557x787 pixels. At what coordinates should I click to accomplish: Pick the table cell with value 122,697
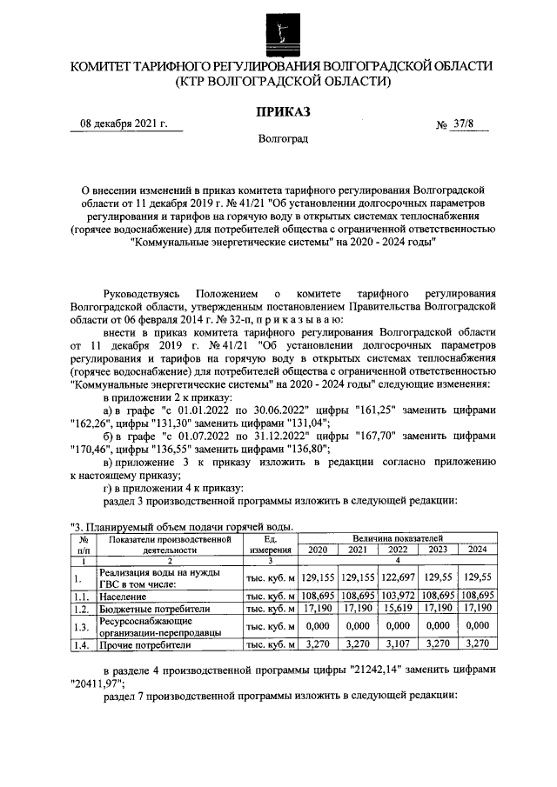tap(406, 577)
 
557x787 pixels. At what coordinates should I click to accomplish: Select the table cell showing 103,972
tap(406, 597)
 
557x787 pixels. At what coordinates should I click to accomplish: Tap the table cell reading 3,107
tap(406, 644)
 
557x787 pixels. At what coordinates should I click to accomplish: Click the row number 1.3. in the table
tap(82, 627)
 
